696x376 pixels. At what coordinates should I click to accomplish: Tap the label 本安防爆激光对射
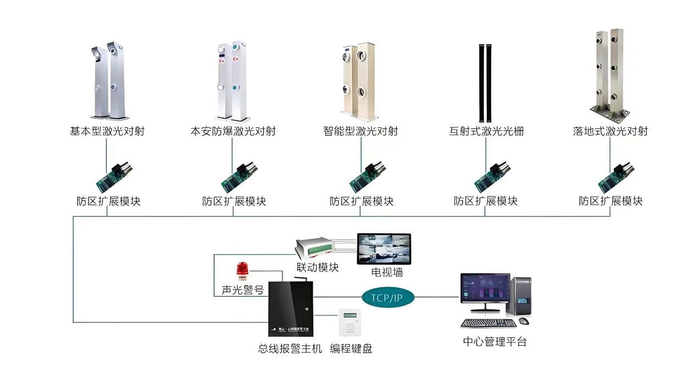click(x=232, y=131)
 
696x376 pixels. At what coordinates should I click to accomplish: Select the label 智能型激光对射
click(x=361, y=131)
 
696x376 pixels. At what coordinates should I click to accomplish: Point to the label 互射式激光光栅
click(x=486, y=131)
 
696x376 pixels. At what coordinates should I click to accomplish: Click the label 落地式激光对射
click(x=610, y=131)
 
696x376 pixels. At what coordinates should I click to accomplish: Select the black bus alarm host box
click(x=290, y=309)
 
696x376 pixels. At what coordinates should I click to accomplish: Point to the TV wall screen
click(x=384, y=249)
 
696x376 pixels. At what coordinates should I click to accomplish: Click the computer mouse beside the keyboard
click(x=524, y=321)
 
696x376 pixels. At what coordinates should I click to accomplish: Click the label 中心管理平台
click(x=494, y=342)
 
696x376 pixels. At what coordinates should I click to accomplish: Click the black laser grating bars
click(x=486, y=83)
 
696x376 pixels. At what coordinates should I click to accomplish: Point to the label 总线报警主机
click(x=290, y=348)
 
